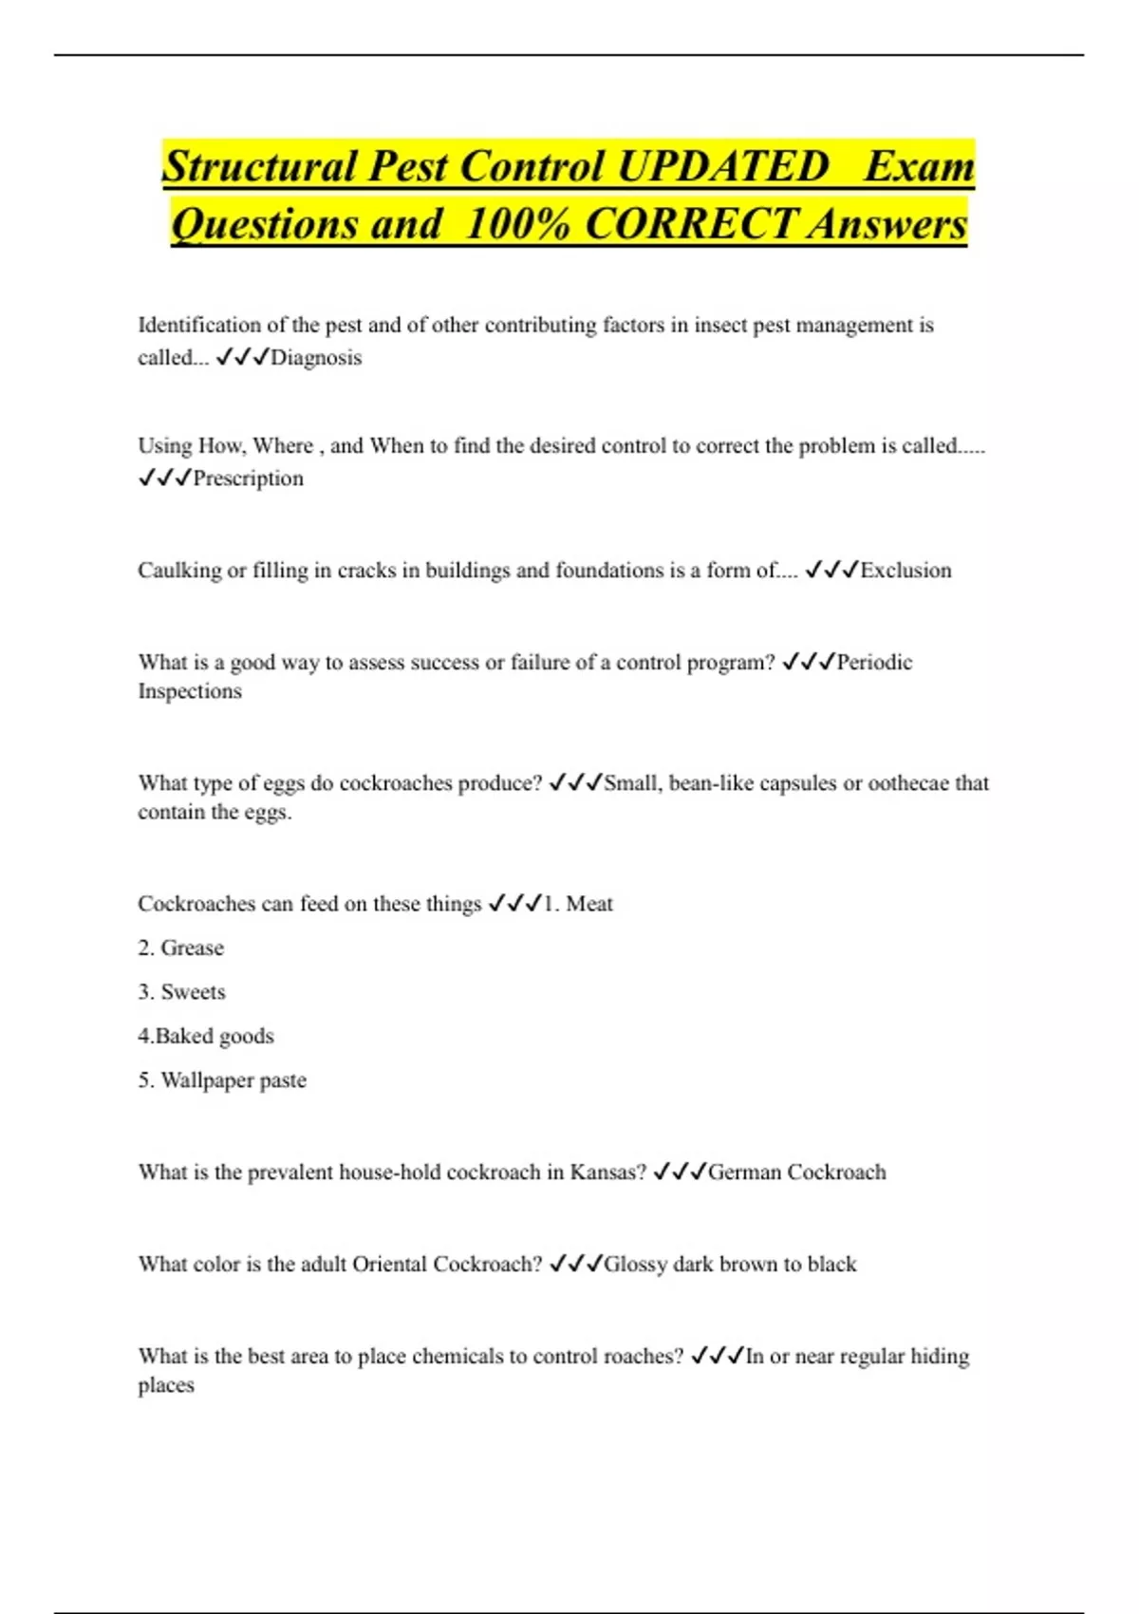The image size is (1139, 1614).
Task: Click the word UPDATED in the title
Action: click(x=722, y=167)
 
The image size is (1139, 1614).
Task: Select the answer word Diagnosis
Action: click(x=316, y=358)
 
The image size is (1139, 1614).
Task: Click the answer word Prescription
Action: click(x=248, y=479)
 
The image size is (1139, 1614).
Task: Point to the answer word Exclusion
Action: click(x=906, y=571)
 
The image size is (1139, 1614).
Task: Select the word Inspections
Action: click(x=190, y=691)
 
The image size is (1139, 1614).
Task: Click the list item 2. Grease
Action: click(x=180, y=948)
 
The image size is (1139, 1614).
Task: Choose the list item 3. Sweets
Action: click(x=181, y=992)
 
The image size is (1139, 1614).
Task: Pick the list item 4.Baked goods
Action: click(x=205, y=1036)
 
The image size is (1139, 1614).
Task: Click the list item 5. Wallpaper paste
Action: click(x=222, y=1080)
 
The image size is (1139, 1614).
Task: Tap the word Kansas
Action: click(x=607, y=1173)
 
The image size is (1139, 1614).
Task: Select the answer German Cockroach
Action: click(x=796, y=1173)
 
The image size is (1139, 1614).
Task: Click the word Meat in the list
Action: click(x=589, y=904)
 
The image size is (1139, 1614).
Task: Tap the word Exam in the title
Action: click(x=919, y=167)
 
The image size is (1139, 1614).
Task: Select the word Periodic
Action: click(x=874, y=663)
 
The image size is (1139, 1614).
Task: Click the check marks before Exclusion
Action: click(x=831, y=571)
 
